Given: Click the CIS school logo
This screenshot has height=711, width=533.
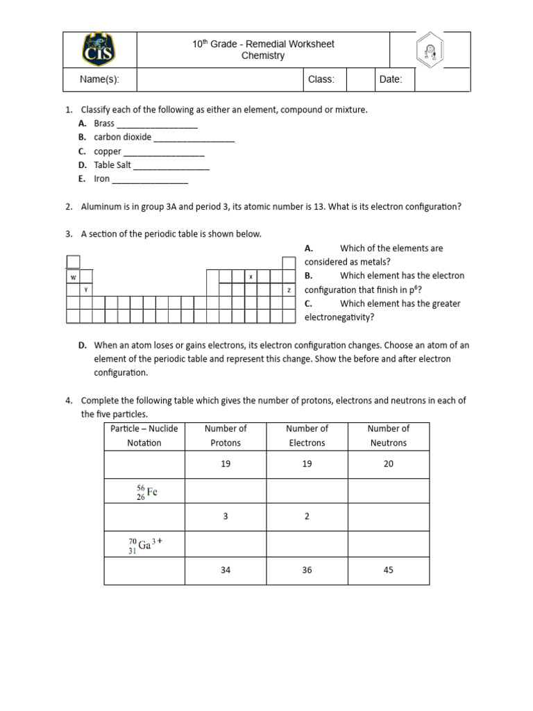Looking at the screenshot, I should point(99,50).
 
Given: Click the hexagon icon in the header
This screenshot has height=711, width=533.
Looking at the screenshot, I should point(430,50).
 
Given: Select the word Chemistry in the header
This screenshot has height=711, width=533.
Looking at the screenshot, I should point(262,56).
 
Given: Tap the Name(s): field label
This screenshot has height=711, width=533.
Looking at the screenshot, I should point(99,79).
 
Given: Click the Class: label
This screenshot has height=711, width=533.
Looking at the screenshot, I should point(321,79).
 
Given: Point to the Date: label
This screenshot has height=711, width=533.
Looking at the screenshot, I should point(391,79).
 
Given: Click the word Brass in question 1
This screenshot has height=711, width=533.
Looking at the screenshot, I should point(104,124).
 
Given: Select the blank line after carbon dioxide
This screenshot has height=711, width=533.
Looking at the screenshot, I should point(194,138).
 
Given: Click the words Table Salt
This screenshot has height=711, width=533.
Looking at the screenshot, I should point(112,165).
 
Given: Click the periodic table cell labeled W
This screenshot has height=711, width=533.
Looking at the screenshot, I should point(73,276).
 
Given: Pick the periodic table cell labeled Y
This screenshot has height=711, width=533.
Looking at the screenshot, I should point(85,290).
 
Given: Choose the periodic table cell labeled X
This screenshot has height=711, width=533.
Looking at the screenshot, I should point(251,276).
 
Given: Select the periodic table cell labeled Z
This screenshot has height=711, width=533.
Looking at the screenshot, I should point(289,290).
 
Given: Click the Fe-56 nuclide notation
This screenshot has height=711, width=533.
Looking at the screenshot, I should point(146,492).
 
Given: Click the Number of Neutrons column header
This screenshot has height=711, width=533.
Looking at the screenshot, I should point(388,435).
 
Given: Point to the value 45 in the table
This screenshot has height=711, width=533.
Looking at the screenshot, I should point(388,570).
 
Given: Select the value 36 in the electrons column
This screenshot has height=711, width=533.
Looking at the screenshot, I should point(307,570).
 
